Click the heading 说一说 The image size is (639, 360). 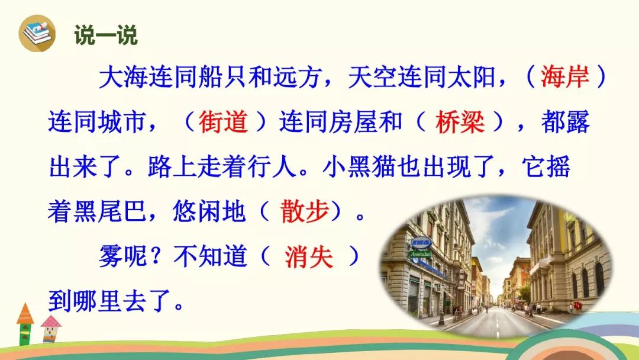(106, 35)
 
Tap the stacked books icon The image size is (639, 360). (37, 33)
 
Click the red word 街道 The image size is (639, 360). (223, 121)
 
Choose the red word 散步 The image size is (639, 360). (305, 211)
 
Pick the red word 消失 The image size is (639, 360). (309, 257)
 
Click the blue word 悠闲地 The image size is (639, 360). (209, 211)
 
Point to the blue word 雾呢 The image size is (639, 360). (123, 257)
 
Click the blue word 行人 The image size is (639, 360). (272, 166)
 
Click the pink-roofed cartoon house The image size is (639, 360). (51, 329)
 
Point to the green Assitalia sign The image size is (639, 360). (421, 254)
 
